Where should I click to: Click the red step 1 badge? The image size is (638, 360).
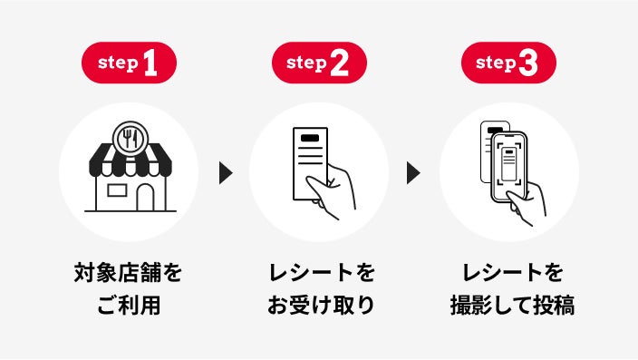(129, 63)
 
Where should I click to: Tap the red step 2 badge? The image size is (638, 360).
(319, 63)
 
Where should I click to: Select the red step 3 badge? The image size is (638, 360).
(508, 63)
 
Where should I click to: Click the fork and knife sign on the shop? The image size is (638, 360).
(130, 139)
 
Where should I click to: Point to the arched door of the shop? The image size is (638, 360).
(145, 198)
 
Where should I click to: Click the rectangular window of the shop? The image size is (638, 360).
(117, 190)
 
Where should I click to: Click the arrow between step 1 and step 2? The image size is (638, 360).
(226, 172)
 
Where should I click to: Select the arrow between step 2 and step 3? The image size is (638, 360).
(413, 172)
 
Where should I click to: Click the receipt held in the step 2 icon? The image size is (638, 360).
(310, 163)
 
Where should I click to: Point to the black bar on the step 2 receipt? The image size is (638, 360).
(310, 138)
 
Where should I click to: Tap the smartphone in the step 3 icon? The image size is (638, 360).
(509, 167)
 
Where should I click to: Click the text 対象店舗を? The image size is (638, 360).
(128, 273)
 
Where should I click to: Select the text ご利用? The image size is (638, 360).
(129, 305)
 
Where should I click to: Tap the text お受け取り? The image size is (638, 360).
(321, 305)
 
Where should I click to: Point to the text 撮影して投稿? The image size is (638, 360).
(512, 305)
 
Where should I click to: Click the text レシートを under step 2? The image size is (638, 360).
(322, 273)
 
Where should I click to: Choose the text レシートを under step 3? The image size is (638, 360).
(513, 273)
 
